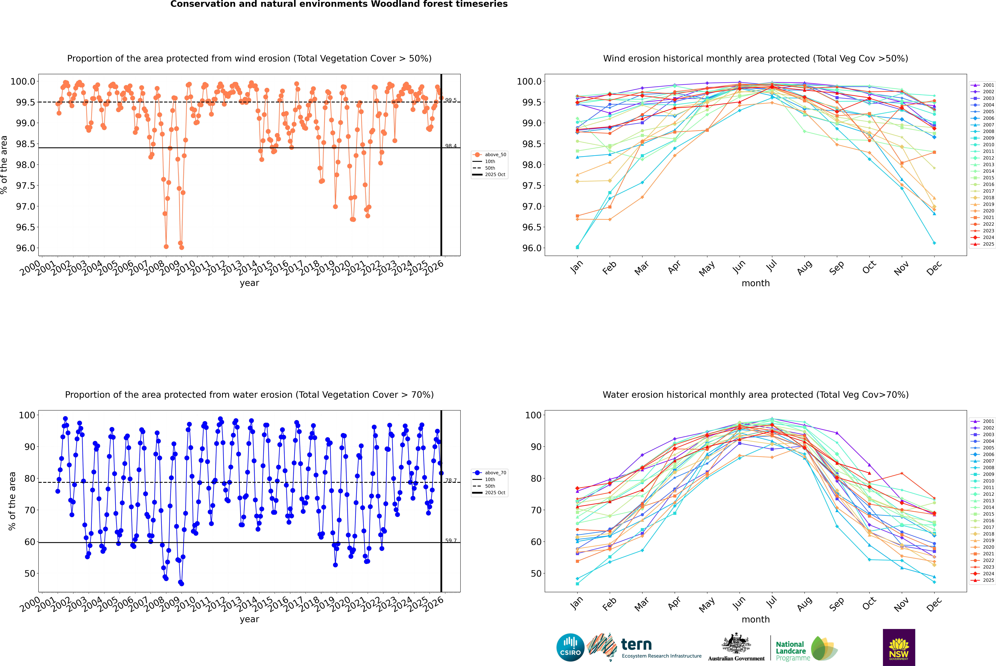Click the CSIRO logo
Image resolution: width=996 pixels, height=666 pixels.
pyautogui.click(x=570, y=647)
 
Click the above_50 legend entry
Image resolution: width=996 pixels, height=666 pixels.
pyautogui.click(x=495, y=155)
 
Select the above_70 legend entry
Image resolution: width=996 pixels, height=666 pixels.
pyautogui.click(x=495, y=473)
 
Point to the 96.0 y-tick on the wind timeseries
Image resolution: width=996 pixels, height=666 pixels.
pyautogui.click(x=25, y=248)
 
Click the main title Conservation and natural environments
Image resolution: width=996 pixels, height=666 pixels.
pyautogui.click(x=339, y=4)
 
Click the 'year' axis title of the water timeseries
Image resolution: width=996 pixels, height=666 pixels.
pyautogui.click(x=249, y=619)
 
